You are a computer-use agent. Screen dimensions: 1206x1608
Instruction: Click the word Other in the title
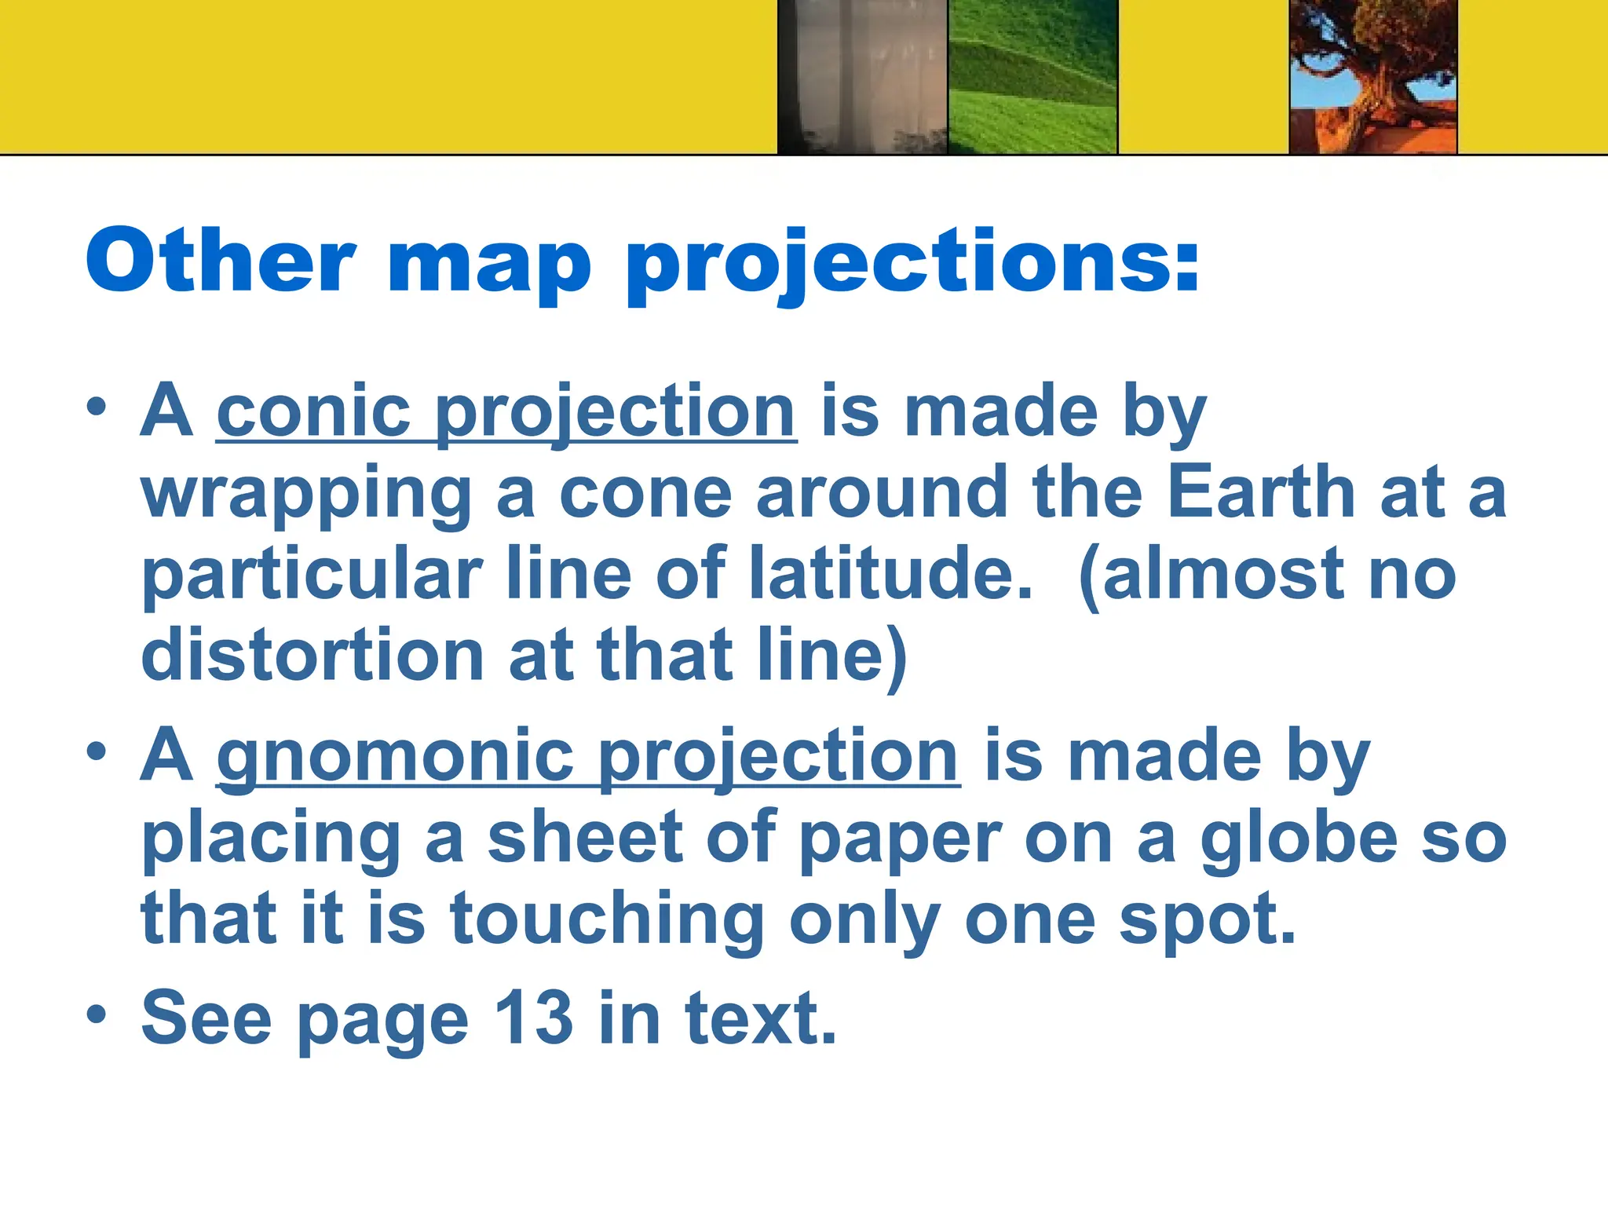[x=221, y=261]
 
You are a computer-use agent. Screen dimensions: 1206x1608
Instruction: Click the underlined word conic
[x=314, y=412]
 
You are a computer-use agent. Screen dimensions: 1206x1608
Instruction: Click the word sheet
[x=586, y=838]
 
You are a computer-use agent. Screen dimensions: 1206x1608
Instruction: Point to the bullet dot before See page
[x=96, y=1014]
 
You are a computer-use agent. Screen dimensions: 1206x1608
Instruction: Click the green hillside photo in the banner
[x=1032, y=77]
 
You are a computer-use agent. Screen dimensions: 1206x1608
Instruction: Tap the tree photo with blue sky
[x=1373, y=77]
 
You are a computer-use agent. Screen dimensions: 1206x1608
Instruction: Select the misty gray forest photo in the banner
[x=862, y=77]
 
